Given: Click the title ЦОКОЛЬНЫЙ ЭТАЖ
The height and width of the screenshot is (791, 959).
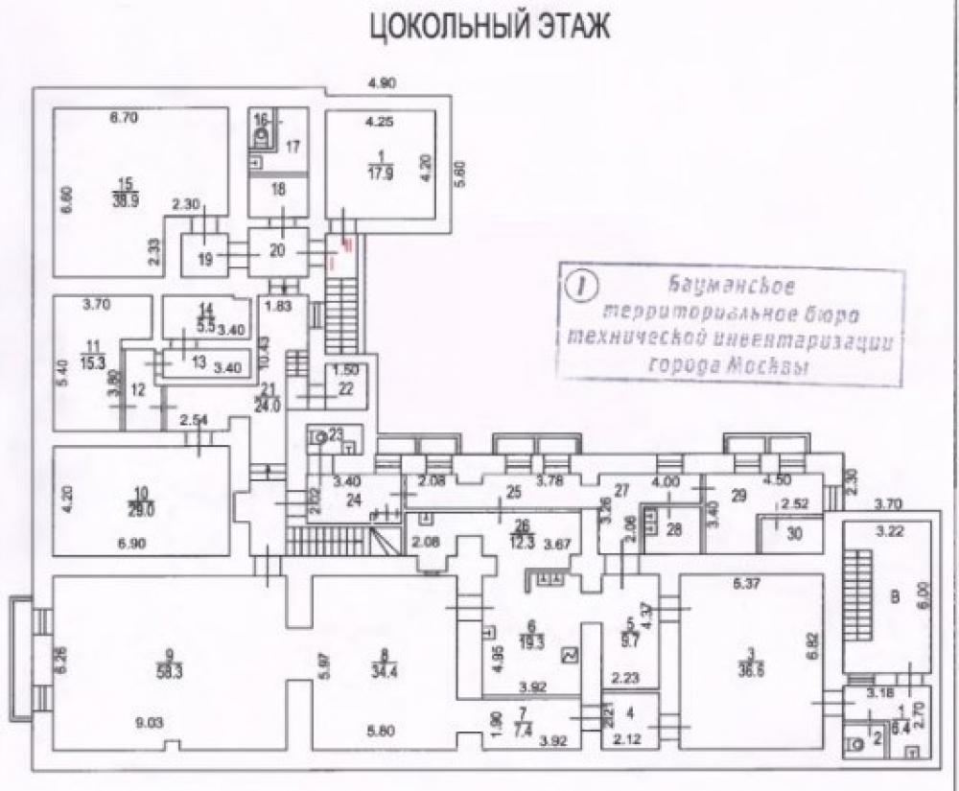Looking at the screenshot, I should (x=489, y=27).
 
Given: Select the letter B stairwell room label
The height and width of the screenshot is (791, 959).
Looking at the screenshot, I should (x=896, y=598).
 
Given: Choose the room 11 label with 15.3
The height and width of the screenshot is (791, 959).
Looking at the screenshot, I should (x=93, y=355).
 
